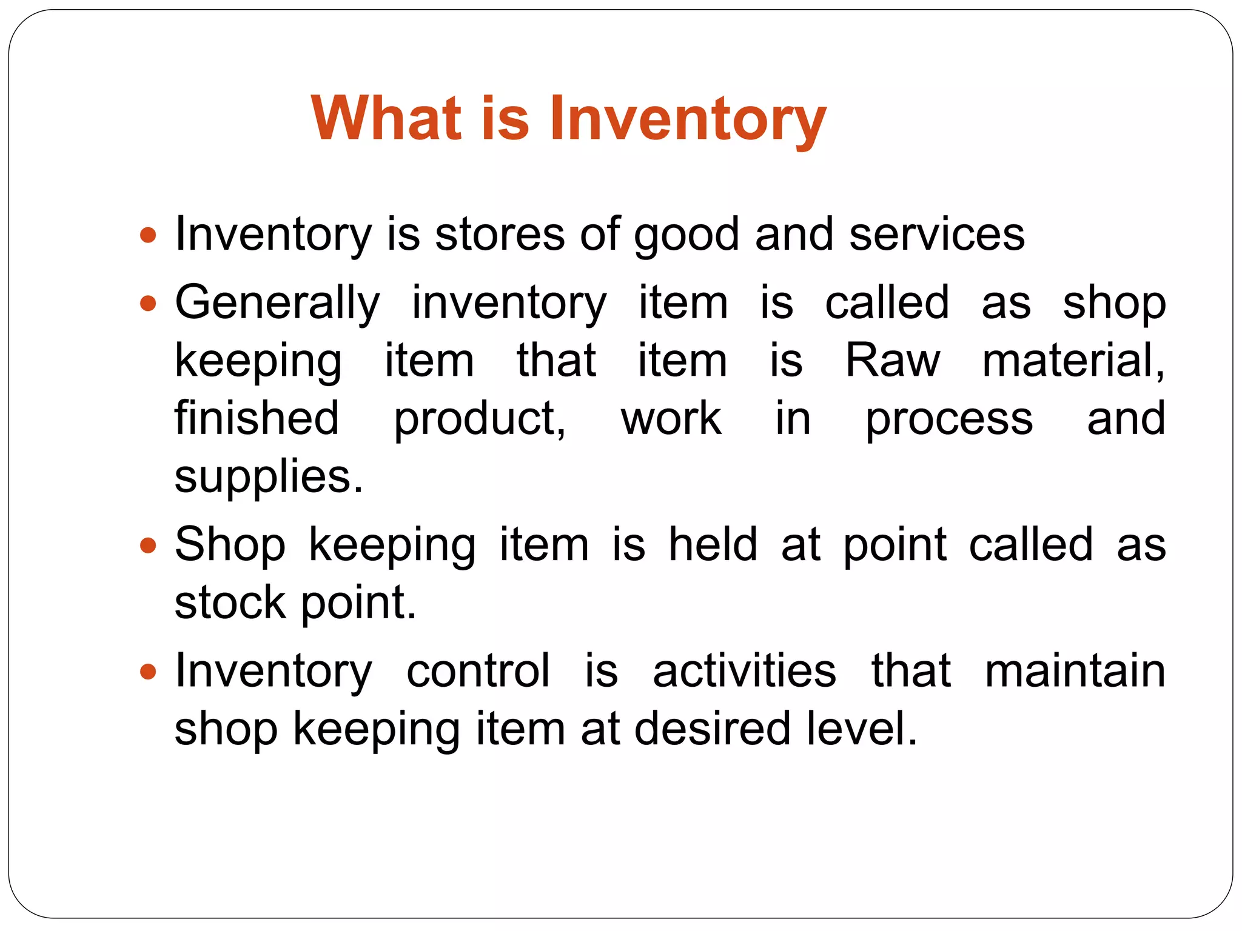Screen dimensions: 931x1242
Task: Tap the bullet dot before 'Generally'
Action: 148,302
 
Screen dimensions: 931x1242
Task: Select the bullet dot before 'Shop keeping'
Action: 148,545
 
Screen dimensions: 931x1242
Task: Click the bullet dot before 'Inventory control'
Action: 148,671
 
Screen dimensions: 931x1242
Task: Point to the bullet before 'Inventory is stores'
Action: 148,235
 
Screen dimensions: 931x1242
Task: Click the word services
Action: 936,235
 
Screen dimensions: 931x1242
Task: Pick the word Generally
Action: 277,302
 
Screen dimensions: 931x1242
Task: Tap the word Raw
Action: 893,361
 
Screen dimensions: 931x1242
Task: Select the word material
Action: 1072,361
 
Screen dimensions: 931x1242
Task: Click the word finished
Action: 257,418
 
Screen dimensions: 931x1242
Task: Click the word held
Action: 713,544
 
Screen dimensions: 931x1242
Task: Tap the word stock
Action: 230,602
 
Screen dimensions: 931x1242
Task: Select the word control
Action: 478,671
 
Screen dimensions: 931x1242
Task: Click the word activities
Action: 744,671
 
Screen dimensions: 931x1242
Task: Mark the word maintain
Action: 1075,671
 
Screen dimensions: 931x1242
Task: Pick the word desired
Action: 712,729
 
